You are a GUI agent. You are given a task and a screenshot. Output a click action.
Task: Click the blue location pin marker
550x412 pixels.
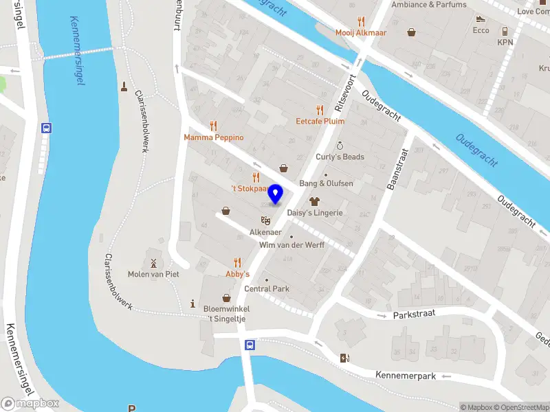tap(276, 194)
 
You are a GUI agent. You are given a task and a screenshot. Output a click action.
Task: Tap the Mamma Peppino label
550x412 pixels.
tap(213, 137)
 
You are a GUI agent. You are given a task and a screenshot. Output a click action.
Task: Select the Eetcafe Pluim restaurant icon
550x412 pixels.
tap(319, 110)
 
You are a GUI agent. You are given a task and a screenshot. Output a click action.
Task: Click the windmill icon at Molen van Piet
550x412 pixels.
tap(154, 262)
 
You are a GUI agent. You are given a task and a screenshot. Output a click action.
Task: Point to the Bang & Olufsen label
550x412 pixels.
tap(326, 183)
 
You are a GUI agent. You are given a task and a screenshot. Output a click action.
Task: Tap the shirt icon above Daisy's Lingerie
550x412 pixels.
tap(315, 201)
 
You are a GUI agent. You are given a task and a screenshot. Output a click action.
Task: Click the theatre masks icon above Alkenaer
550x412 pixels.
tap(265, 220)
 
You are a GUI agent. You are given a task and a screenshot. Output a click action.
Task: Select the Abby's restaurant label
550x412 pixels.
tap(237, 273)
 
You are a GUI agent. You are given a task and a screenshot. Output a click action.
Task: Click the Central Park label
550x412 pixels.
tap(267, 288)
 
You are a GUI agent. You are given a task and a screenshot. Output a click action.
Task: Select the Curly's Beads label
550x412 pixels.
tap(340, 157)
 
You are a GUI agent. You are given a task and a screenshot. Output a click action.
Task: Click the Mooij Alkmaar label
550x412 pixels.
tap(361, 32)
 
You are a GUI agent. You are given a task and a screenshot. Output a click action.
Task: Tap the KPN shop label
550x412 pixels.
tap(505, 42)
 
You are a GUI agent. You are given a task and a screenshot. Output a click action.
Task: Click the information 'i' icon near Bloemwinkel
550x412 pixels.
tap(193, 304)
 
